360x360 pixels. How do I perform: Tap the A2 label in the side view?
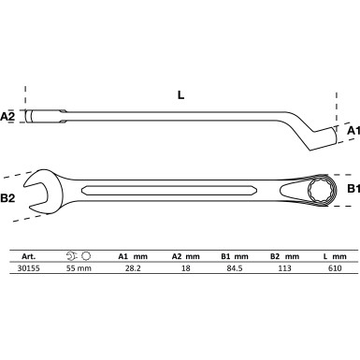pyautogui.click(x=7, y=117)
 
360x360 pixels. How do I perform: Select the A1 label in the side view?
pyautogui.click(x=352, y=132)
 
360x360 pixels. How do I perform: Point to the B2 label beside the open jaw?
pyautogui.click(x=8, y=198)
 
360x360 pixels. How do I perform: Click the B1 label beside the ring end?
pyautogui.click(x=352, y=189)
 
